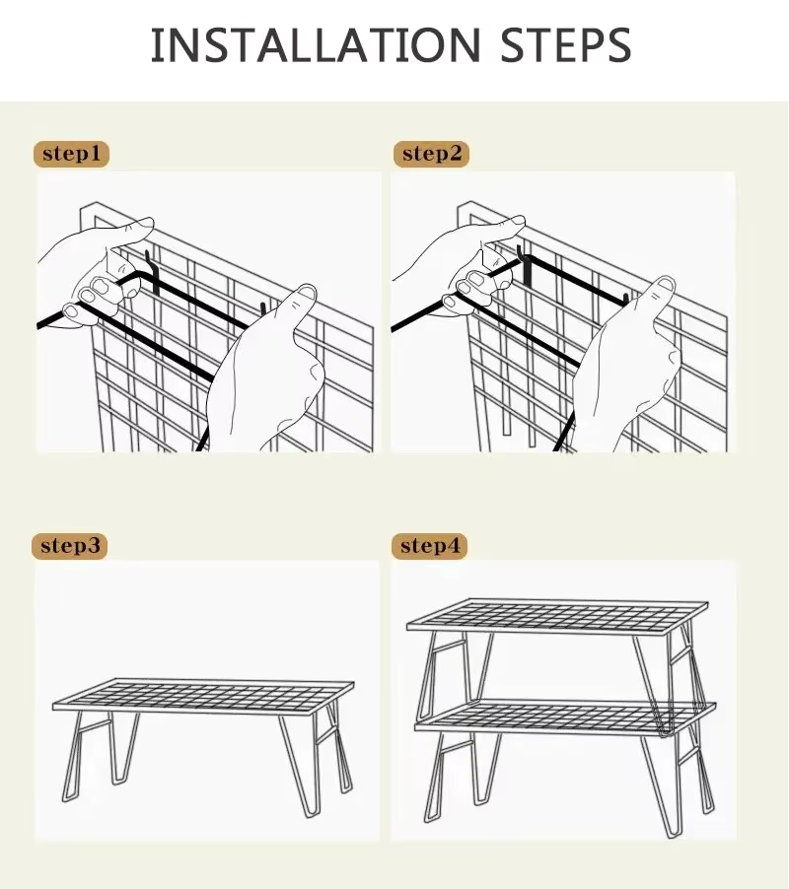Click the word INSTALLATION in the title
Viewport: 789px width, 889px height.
pos(316,44)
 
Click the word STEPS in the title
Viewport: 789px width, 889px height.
pos(565,44)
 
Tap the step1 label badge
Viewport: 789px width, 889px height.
pos(71,154)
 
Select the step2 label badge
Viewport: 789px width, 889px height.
pos(431,154)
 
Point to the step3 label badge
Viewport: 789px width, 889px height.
pos(70,546)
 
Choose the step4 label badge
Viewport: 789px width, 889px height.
pos(429,546)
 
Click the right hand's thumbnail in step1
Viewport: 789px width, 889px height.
pos(307,293)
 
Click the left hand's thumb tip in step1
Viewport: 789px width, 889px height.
pos(145,222)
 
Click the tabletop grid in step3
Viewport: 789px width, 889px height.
pos(203,695)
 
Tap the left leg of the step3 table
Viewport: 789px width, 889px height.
pos(100,755)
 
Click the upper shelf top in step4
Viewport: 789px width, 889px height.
pos(557,616)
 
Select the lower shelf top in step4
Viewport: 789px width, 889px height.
pos(565,718)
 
